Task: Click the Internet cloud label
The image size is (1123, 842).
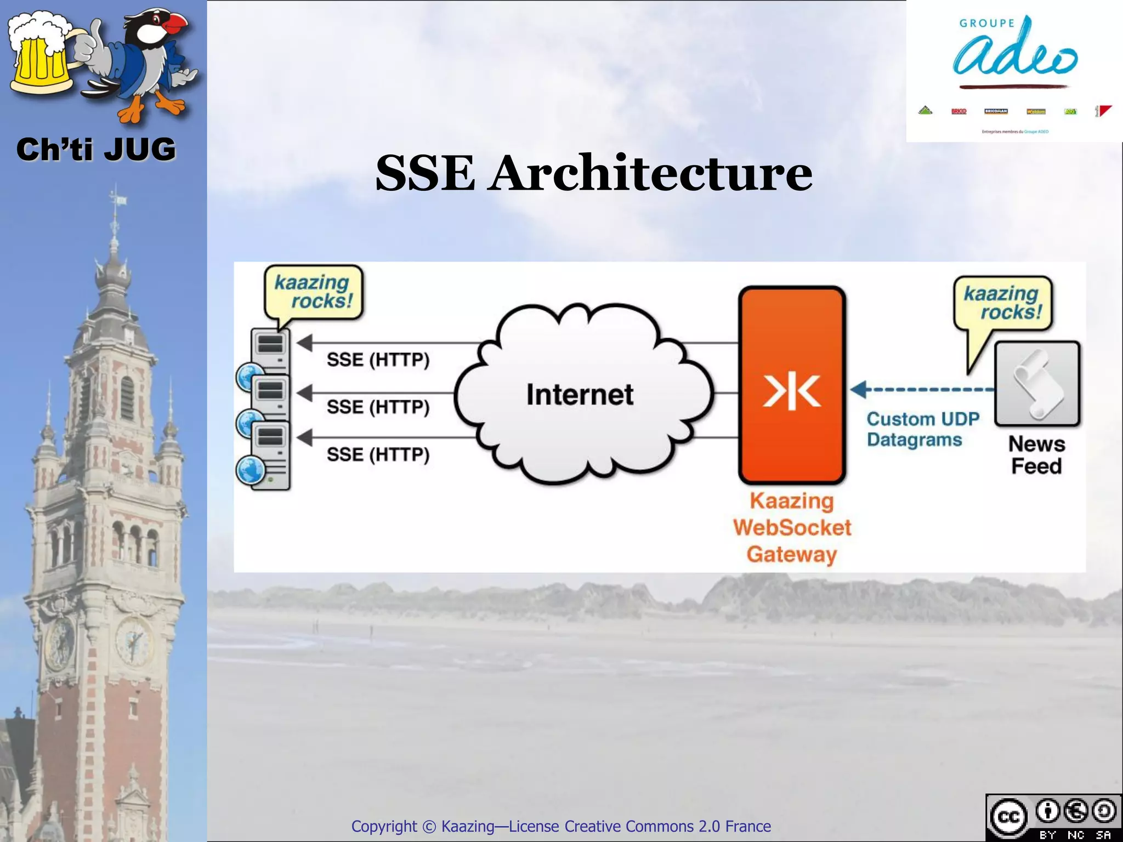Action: (x=580, y=395)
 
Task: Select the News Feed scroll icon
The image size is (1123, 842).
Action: (x=1037, y=384)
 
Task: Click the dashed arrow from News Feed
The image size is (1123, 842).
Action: (x=927, y=390)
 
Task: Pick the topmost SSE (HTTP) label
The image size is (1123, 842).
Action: (x=378, y=360)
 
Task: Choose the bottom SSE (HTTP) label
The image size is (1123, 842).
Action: (x=378, y=454)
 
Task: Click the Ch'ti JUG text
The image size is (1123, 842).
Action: (x=96, y=150)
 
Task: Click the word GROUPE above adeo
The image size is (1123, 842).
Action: (x=986, y=24)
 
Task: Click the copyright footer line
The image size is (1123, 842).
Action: (x=561, y=826)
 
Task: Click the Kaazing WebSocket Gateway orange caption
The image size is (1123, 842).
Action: (x=792, y=527)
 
